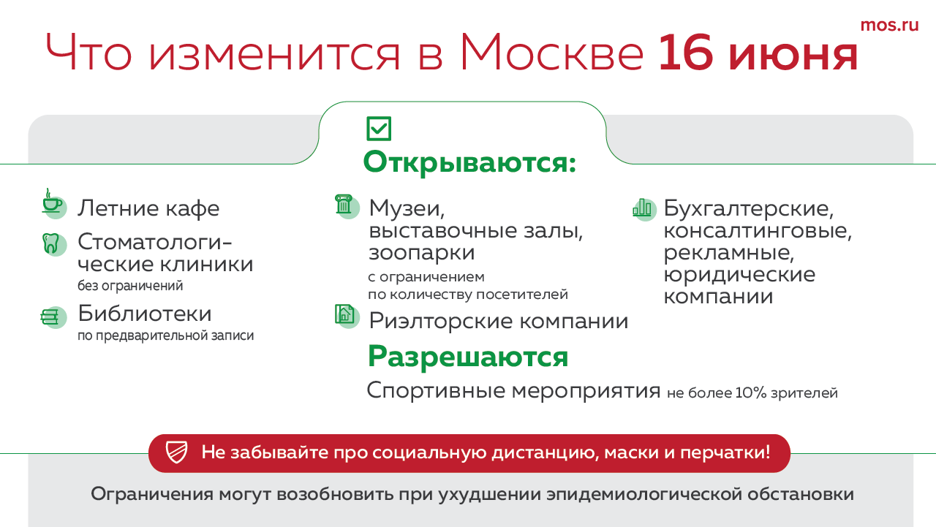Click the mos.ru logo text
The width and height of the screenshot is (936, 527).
coord(889,26)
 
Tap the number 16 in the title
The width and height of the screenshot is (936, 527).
coord(686,53)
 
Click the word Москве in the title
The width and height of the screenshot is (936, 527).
coord(551,53)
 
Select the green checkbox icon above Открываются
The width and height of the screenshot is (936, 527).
coord(379,128)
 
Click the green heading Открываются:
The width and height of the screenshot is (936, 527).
coord(469,162)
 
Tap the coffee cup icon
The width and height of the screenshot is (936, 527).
coord(53,203)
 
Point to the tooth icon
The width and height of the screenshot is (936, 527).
coord(53,244)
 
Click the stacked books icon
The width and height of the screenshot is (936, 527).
coord(53,317)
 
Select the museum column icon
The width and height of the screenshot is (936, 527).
coord(347,206)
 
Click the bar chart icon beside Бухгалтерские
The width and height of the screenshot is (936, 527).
coord(644,209)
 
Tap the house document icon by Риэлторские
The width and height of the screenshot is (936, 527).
coord(347,316)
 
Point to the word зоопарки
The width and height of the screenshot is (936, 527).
coord(422,253)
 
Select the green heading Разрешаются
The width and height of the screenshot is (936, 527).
coord(468,357)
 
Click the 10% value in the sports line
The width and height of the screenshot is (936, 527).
coord(751,393)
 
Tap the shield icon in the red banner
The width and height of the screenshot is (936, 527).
coord(176,452)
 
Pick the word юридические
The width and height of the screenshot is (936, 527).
coord(739,275)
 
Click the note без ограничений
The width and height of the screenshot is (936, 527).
coord(130,286)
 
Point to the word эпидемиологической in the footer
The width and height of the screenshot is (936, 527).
coord(643,494)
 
